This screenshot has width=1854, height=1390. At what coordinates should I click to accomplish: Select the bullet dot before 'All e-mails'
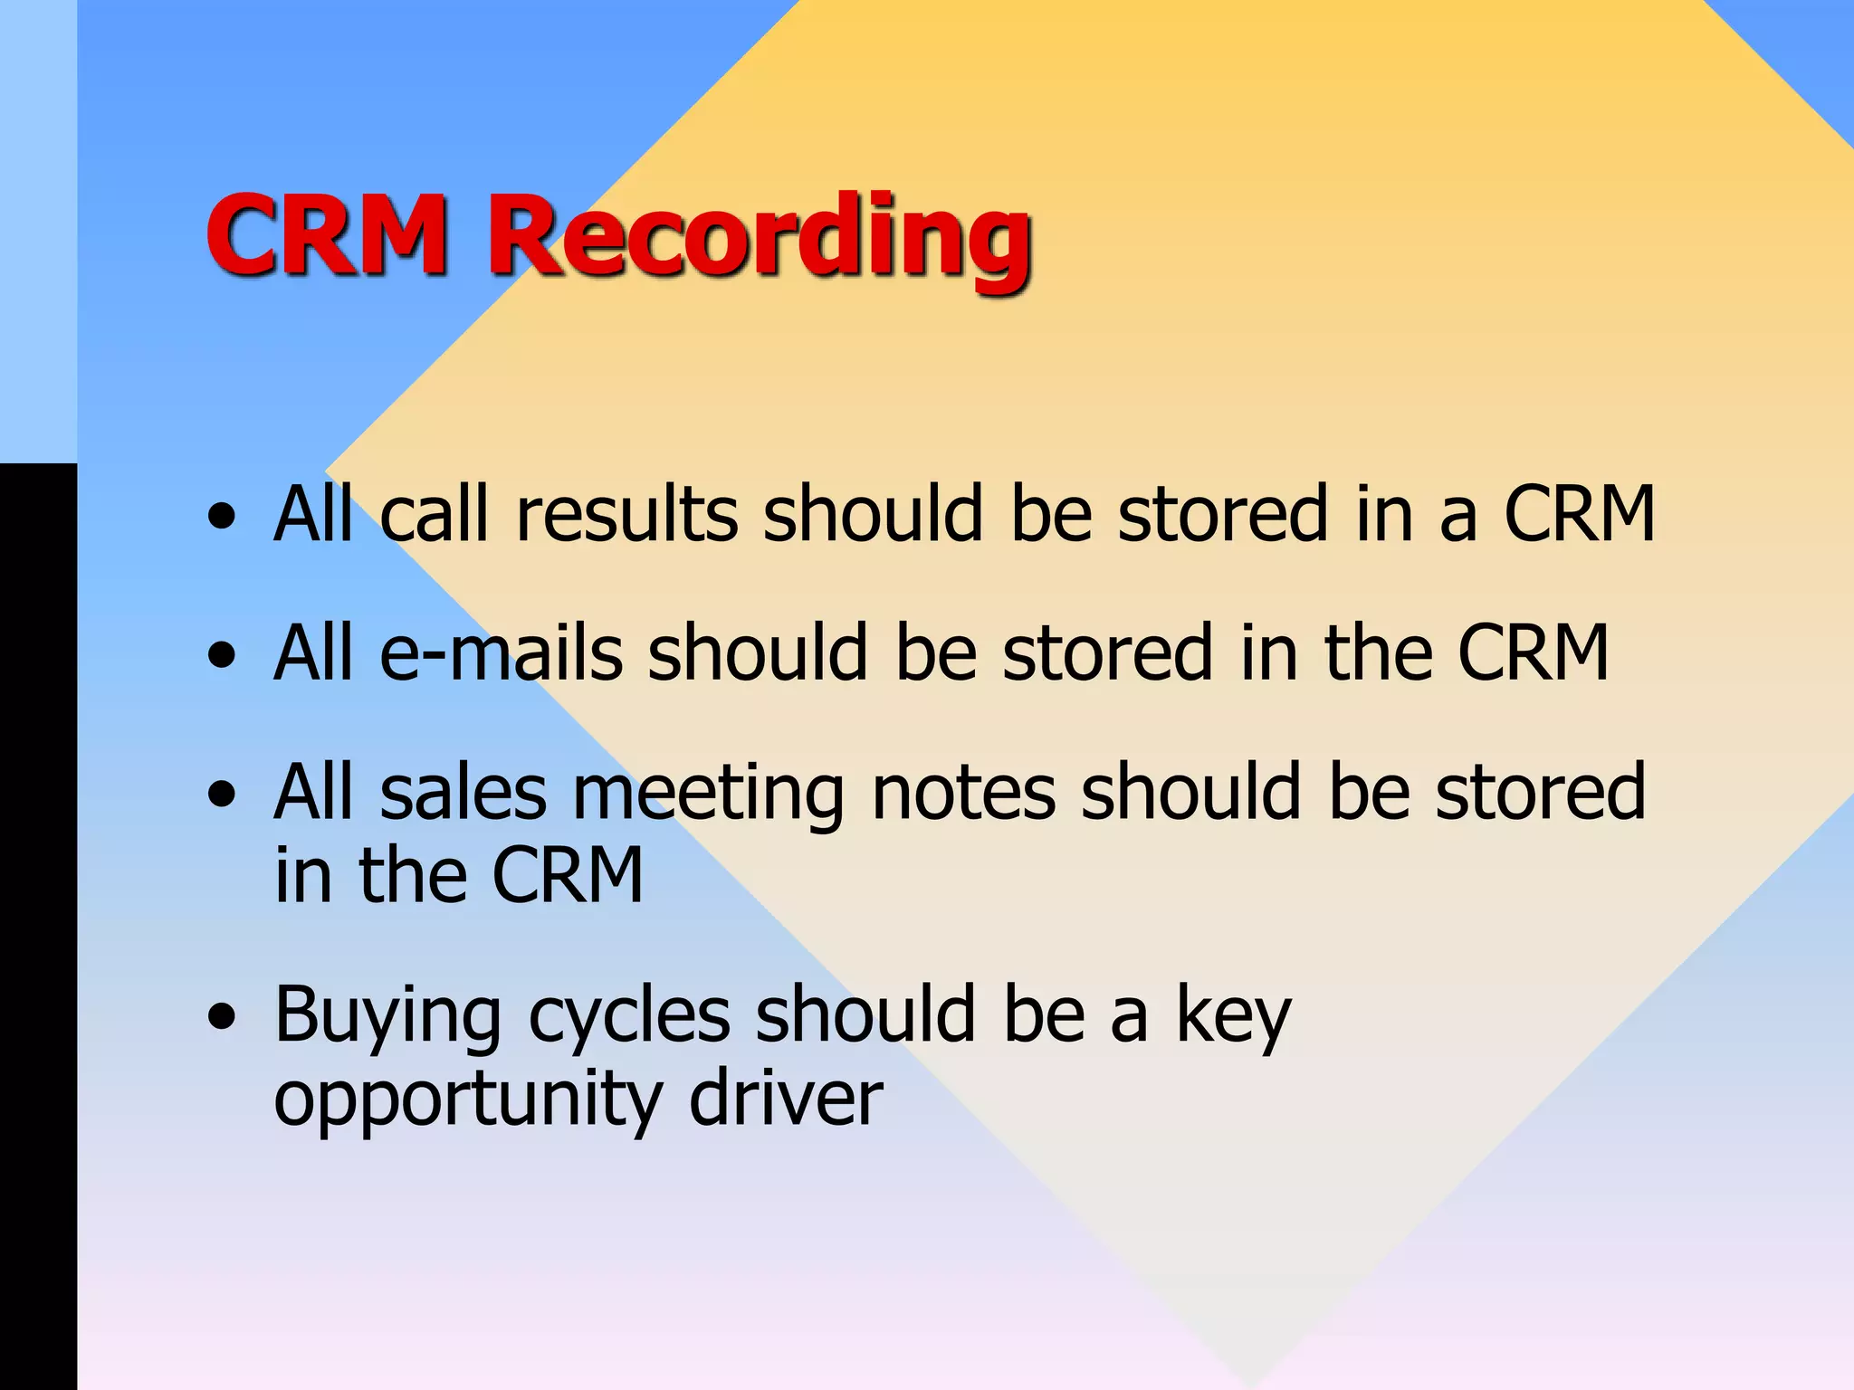pyautogui.click(x=221, y=655)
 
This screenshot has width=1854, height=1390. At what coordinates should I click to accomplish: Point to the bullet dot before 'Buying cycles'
pyautogui.click(x=221, y=1017)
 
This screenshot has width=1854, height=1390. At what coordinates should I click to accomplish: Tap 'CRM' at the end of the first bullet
pyautogui.click(x=1579, y=514)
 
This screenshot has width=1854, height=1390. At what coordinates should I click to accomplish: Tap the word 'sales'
pyautogui.click(x=463, y=793)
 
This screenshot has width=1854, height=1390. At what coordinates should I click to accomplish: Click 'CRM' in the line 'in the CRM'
pyautogui.click(x=568, y=876)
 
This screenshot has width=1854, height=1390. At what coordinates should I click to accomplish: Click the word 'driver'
pyautogui.click(x=785, y=1099)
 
